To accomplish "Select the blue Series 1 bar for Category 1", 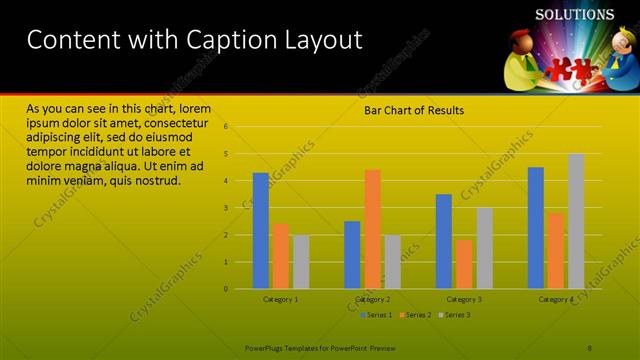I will click(x=260, y=231).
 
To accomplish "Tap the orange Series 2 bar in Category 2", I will click(x=372, y=229).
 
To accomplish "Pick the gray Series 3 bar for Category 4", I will click(x=576, y=221).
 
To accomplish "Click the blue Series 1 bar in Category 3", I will click(x=444, y=241).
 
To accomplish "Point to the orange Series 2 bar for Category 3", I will click(x=464, y=264).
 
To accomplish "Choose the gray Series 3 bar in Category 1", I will click(x=301, y=262).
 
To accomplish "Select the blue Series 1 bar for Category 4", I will click(x=536, y=228).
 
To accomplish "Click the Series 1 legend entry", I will click(x=375, y=316).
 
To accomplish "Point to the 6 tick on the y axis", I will click(x=226, y=127).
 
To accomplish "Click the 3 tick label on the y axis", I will click(x=226, y=208).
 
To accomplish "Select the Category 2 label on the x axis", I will click(x=372, y=299).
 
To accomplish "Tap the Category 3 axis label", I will click(x=464, y=299).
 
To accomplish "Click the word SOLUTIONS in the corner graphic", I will click(x=574, y=15).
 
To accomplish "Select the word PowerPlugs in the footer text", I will click(x=266, y=347).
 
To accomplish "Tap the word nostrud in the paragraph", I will click(x=157, y=181).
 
